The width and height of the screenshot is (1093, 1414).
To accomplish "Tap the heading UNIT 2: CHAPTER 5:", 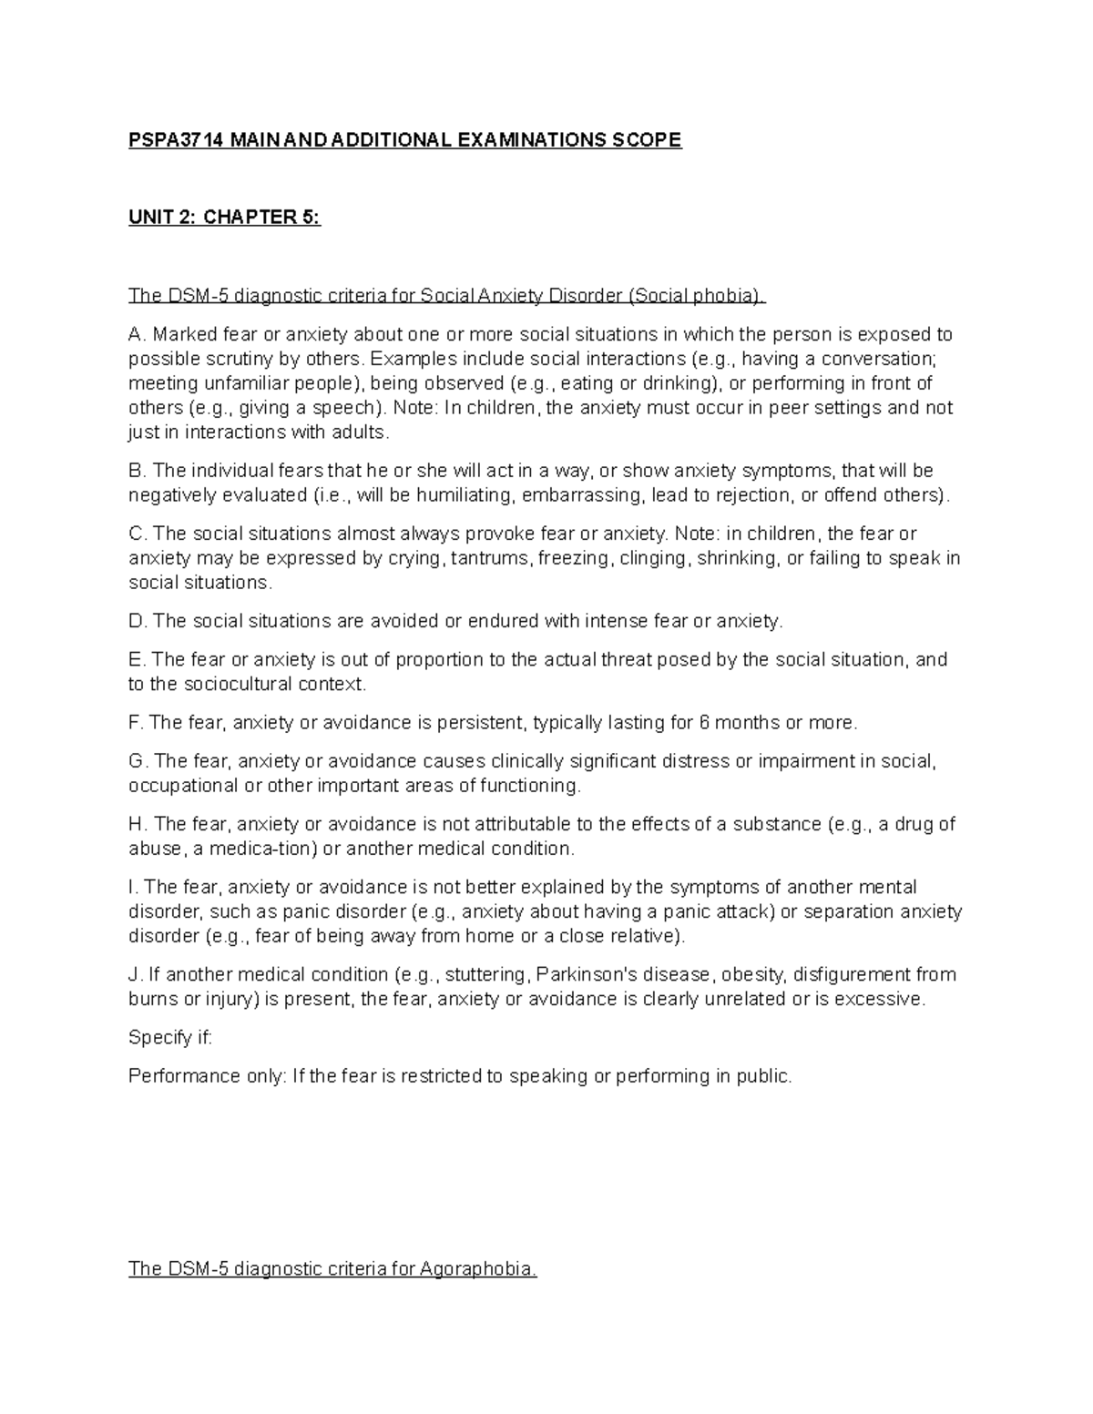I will click(x=224, y=218).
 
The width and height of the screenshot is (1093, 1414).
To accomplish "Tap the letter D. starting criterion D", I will click(x=138, y=621).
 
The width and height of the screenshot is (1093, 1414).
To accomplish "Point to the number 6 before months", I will click(x=703, y=723).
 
